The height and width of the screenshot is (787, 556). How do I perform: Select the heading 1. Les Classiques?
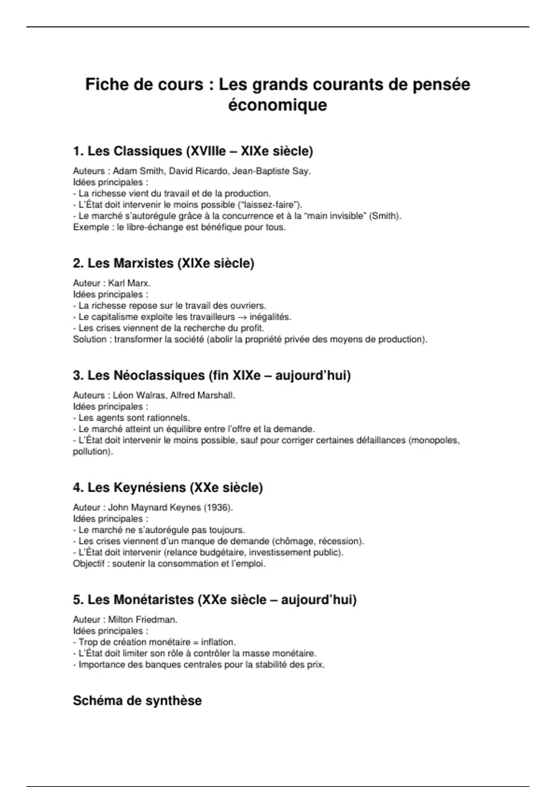(193, 151)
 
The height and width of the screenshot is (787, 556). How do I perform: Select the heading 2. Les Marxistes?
(164, 263)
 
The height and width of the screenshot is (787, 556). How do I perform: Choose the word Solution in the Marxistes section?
(89, 339)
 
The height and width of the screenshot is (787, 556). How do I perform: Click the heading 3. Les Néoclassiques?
(211, 375)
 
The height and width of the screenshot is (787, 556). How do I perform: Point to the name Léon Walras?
(139, 395)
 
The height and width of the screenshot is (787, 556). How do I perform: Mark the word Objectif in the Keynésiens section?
(88, 564)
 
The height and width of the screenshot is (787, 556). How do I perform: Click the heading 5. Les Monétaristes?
(215, 600)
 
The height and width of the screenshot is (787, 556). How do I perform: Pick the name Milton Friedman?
(142, 619)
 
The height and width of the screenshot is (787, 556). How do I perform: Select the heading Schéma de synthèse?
(137, 700)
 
